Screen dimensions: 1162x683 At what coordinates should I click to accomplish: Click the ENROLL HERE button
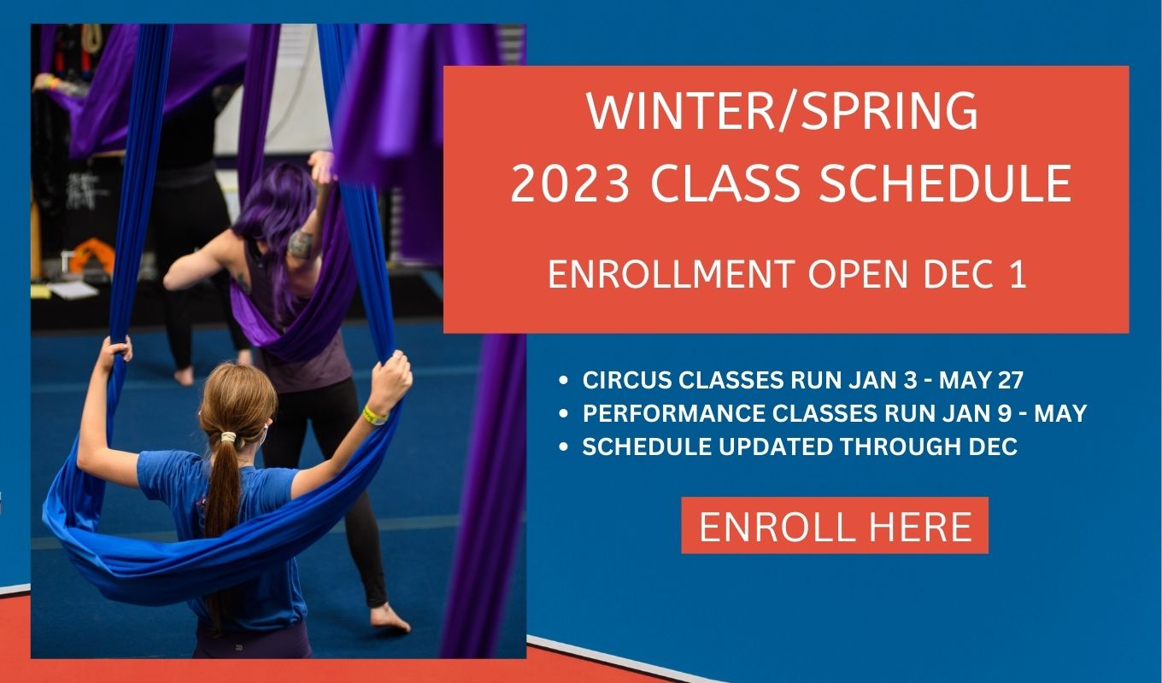(x=835, y=525)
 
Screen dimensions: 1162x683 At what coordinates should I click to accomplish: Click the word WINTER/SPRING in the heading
(x=783, y=112)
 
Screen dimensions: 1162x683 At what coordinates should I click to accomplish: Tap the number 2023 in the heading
(x=570, y=184)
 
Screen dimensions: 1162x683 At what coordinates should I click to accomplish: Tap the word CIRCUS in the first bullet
(x=627, y=380)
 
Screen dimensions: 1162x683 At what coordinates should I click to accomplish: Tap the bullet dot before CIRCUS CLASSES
(x=564, y=381)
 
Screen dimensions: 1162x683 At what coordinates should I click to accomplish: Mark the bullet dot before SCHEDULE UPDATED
(x=564, y=447)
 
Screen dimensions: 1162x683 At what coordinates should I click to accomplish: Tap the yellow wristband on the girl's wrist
(x=374, y=416)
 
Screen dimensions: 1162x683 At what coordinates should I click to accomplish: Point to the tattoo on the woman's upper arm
(x=301, y=244)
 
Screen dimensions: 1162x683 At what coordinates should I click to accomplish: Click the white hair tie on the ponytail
(x=228, y=437)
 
